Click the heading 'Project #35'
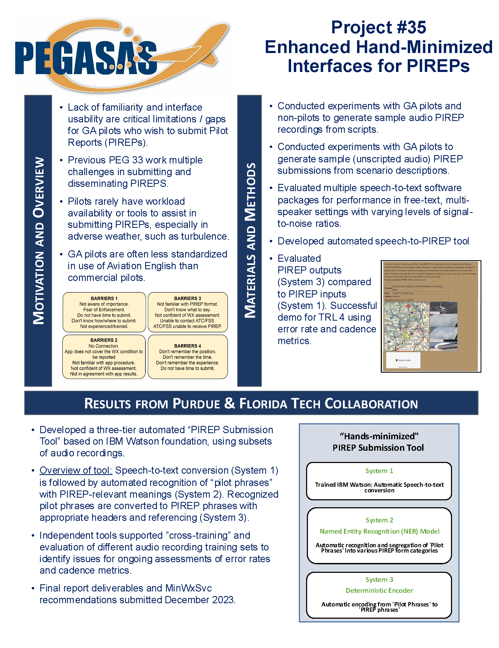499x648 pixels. pyautogui.click(x=378, y=27)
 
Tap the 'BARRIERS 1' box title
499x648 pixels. pyautogui.click(x=104, y=298)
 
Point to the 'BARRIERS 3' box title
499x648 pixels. pyautogui.click(x=187, y=298)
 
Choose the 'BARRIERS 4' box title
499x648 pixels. pyautogui.click(x=187, y=346)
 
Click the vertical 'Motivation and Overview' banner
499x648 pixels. pyautogui.click(x=38, y=240)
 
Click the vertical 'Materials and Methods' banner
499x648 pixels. pyautogui.click(x=249, y=240)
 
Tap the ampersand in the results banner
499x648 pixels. pyautogui.click(x=229, y=403)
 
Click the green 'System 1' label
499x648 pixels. pyautogui.click(x=379, y=471)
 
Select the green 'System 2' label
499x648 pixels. pyautogui.click(x=379, y=520)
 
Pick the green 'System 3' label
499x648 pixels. pyautogui.click(x=379, y=579)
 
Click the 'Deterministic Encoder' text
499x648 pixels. pyautogui.click(x=379, y=590)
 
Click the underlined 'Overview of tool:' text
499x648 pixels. pyautogui.click(x=76, y=470)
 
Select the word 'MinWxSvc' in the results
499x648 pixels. pyautogui.click(x=188, y=588)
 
